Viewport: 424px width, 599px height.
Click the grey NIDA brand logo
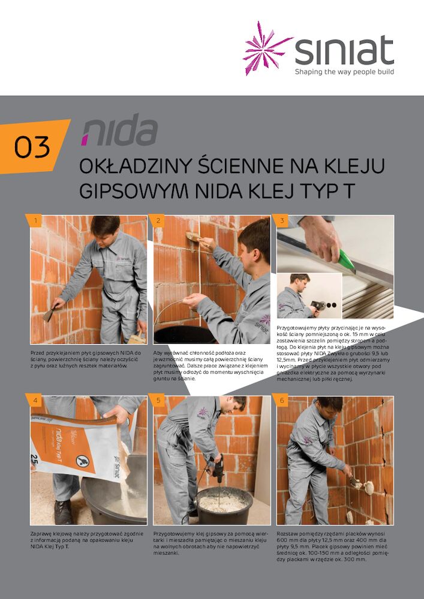pyautogui.click(x=120, y=131)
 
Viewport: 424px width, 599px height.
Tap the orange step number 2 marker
pyautogui.click(x=158, y=221)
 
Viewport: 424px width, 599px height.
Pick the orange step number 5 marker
pyautogui.click(x=158, y=401)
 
